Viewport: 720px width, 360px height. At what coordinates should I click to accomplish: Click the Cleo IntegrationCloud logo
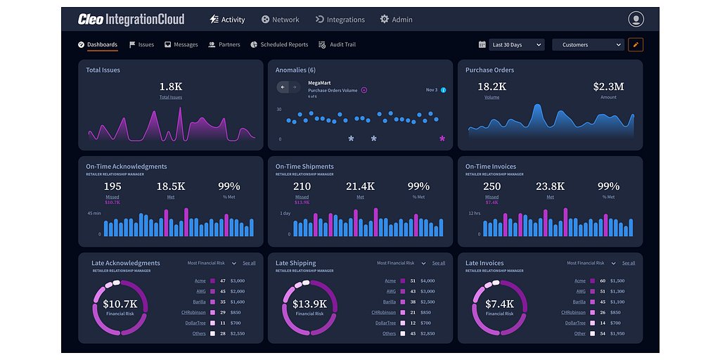[x=131, y=20]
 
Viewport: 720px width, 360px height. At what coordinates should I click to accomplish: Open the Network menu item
[x=280, y=20]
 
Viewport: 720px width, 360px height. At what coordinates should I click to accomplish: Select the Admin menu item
[x=396, y=20]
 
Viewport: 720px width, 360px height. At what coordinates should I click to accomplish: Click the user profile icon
[x=636, y=20]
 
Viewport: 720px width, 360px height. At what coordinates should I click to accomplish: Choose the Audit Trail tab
[x=337, y=45]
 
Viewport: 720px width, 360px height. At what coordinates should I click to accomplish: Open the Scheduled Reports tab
[x=279, y=45]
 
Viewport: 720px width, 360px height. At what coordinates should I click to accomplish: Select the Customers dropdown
[x=588, y=45]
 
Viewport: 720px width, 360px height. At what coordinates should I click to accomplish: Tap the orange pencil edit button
[x=636, y=45]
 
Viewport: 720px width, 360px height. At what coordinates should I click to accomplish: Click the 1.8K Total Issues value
[x=170, y=86]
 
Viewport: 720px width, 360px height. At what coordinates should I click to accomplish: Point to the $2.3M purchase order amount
[x=608, y=86]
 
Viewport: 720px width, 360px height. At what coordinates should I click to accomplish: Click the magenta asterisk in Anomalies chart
[x=442, y=139]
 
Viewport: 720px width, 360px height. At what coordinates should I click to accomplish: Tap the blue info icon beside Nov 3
[x=443, y=90]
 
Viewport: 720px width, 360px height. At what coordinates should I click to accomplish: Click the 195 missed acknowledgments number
[x=112, y=186]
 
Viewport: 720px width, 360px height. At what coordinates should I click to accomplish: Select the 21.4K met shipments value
[x=360, y=186]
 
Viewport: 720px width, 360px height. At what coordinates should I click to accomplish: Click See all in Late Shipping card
[x=438, y=263]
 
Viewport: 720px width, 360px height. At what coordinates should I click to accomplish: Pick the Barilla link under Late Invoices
[x=580, y=302]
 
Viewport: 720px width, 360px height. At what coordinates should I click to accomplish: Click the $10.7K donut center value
[x=120, y=304]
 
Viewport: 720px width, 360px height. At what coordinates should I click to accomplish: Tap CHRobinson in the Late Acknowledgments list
[x=193, y=312]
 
